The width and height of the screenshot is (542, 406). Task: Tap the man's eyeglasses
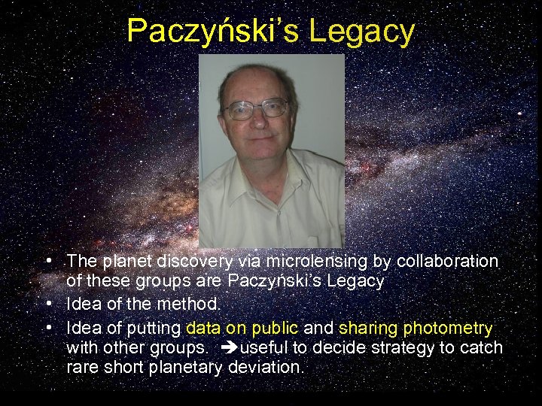point(256,109)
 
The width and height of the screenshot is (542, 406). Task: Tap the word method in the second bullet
point(194,304)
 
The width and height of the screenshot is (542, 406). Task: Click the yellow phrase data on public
point(242,328)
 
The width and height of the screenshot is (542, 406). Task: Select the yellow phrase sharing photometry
point(416,328)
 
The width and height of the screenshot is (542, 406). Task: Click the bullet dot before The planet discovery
point(48,261)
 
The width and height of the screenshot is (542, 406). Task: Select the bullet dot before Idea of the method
point(48,304)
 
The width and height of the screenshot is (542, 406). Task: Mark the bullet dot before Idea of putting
point(48,328)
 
